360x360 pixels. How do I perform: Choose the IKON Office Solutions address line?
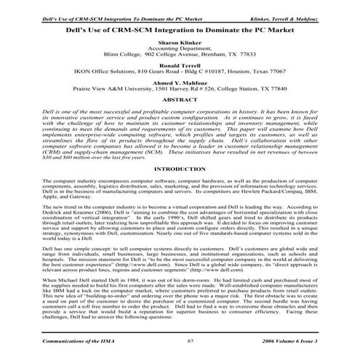click(180, 73)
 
